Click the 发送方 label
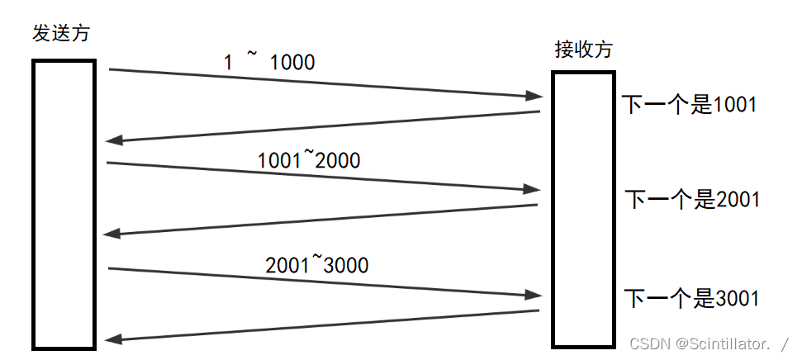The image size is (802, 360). (x=60, y=34)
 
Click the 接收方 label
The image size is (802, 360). (x=583, y=50)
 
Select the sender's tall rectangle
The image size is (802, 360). (x=64, y=203)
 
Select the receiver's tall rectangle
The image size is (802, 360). (x=583, y=209)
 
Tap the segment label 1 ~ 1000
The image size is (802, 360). (x=269, y=62)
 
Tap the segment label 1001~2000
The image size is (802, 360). (x=309, y=159)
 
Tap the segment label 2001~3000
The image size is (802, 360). (x=316, y=265)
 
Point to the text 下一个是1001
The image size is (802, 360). (x=689, y=105)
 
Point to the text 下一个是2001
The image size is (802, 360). (x=691, y=199)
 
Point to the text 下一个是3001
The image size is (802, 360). (x=690, y=298)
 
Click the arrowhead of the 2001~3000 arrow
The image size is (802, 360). (x=535, y=295)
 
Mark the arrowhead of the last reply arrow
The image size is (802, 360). (x=110, y=339)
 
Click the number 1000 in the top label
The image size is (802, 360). (x=292, y=62)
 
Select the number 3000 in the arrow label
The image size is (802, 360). (x=346, y=265)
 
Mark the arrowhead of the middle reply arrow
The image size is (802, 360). (x=110, y=234)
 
